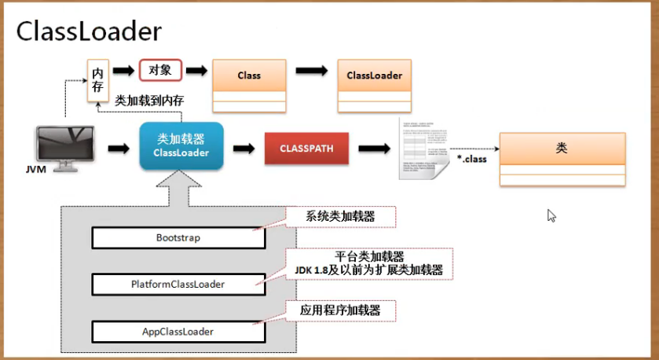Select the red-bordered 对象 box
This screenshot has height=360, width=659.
coord(160,70)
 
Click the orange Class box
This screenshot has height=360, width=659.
coord(248,76)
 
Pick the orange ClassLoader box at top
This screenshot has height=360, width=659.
coord(374,76)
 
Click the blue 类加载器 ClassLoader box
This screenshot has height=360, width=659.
coord(181,146)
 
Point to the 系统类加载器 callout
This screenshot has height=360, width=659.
coord(340,216)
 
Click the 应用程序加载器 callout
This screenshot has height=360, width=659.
coord(340,310)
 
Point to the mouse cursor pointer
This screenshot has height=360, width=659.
coord(551,215)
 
